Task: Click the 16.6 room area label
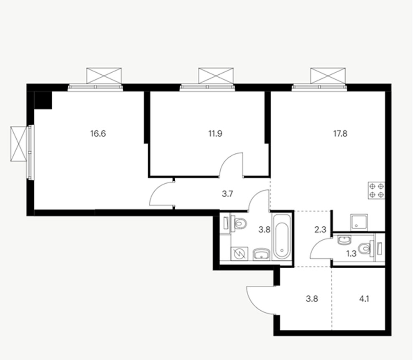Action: [98, 133]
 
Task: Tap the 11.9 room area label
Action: [215, 133]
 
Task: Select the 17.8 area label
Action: [340, 133]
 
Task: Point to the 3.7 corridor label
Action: [227, 194]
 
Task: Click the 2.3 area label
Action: [320, 230]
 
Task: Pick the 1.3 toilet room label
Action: [352, 254]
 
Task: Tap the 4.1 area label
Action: [364, 299]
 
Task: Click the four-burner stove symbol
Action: [377, 190]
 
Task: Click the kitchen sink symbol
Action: [359, 223]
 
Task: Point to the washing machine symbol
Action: [239, 254]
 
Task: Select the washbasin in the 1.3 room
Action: [344, 240]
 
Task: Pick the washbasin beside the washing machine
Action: [261, 254]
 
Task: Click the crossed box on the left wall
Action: [19, 144]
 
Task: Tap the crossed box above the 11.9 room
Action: [216, 76]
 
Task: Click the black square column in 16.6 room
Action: [43, 100]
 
